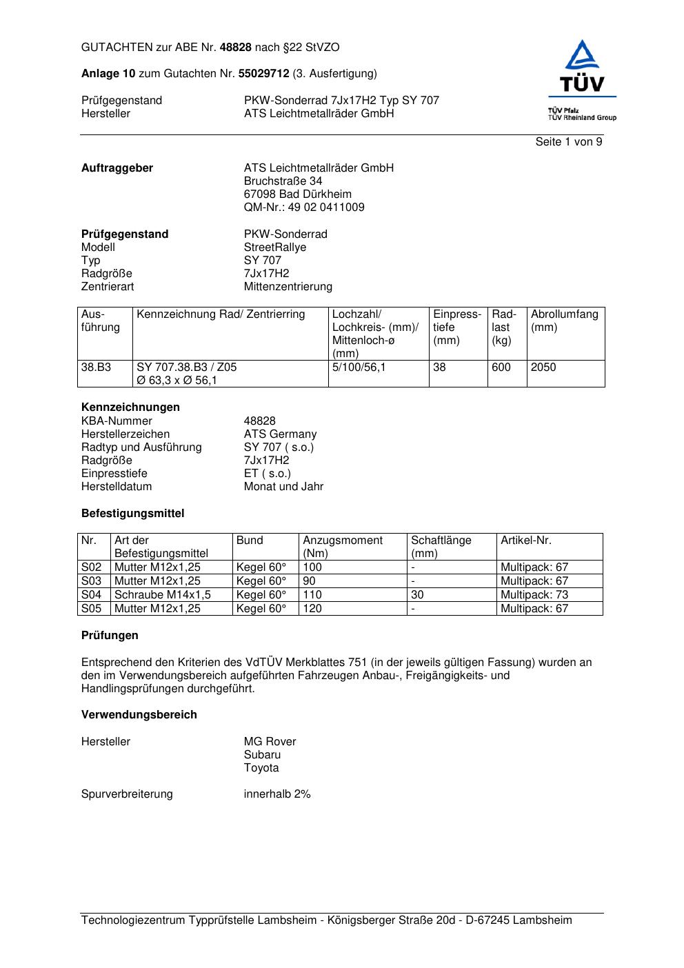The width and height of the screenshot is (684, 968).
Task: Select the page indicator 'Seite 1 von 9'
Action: pyautogui.click(x=568, y=142)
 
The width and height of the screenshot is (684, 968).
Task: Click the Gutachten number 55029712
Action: pyautogui.click(x=263, y=74)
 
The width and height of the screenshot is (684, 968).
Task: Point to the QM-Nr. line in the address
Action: pyautogui.click(x=304, y=208)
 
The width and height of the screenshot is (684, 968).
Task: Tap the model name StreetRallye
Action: pyautogui.click(x=275, y=248)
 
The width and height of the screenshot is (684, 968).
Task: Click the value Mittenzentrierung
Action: pyautogui.click(x=288, y=287)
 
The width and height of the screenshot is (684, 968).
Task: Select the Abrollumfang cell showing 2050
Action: pyautogui.click(x=543, y=367)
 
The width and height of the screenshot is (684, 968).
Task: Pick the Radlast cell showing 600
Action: pyautogui.click(x=501, y=367)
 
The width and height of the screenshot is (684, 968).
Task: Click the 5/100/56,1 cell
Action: pyautogui.click(x=359, y=367)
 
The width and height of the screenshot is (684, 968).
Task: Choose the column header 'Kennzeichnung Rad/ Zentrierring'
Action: pyautogui.click(x=221, y=314)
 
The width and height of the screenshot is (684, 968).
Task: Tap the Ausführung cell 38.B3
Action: pyautogui.click(x=97, y=367)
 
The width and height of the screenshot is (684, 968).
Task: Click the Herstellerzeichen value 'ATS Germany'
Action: pyautogui.click(x=280, y=434)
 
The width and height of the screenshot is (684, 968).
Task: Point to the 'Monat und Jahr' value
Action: pyautogui.click(x=283, y=487)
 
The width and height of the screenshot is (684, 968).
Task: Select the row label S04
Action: pyautogui.click(x=92, y=594)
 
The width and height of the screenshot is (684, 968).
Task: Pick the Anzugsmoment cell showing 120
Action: pyautogui.click(x=312, y=608)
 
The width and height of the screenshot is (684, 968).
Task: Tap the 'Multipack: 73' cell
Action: pyautogui.click(x=534, y=594)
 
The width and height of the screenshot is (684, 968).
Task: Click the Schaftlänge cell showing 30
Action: pyautogui.click(x=417, y=594)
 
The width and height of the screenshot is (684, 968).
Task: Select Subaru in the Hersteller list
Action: pyautogui.click(x=262, y=755)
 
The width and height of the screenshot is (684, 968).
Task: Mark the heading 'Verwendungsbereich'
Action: pyautogui.click(x=139, y=715)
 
